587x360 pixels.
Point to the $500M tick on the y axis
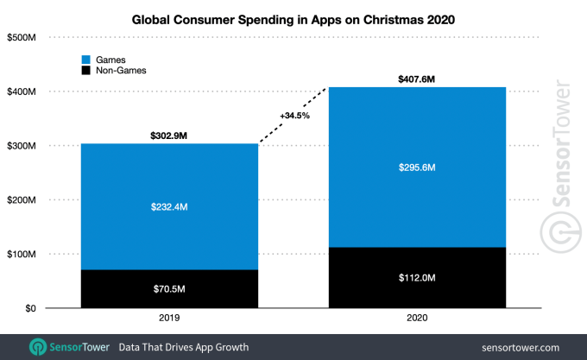(21, 37)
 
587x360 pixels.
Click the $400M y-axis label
(21, 92)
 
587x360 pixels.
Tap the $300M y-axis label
(21, 146)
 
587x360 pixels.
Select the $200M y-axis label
(21, 200)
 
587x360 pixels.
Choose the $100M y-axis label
(21, 255)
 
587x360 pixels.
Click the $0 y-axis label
(28, 308)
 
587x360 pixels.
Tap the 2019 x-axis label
(169, 320)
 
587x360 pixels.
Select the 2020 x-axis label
(416, 320)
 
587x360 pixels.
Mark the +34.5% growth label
(295, 116)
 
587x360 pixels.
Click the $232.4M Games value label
(169, 206)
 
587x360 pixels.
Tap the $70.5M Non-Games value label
(169, 289)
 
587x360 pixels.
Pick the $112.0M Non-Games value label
(416, 278)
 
